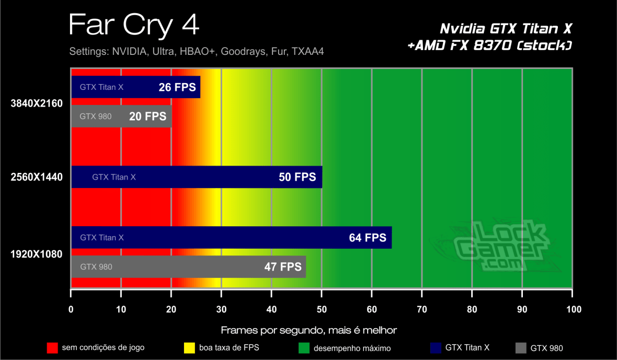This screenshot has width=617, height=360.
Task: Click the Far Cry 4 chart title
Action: [134, 25]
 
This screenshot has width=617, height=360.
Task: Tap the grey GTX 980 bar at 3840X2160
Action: [121, 116]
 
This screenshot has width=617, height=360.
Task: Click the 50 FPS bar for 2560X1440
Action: [196, 177]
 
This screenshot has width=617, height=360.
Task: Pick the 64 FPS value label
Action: [368, 238]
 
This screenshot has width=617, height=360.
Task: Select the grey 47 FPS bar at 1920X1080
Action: [188, 266]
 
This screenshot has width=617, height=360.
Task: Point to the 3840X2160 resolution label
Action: [37, 103]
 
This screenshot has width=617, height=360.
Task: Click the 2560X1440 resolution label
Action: [37, 177]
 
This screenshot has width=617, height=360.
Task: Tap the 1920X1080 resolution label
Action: [37, 254]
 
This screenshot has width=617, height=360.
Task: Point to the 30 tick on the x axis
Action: [221, 309]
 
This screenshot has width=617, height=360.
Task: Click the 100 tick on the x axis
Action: [573, 309]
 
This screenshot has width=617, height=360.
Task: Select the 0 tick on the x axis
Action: [71, 309]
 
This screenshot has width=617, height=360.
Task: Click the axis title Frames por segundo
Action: [308, 330]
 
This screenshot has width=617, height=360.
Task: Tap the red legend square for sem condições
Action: [52, 347]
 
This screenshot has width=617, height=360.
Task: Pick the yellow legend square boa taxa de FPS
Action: [190, 347]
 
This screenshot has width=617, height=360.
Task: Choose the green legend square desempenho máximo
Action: [304, 347]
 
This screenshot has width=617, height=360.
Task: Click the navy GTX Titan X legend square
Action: [435, 347]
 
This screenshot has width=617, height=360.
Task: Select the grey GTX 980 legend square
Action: [521, 347]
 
